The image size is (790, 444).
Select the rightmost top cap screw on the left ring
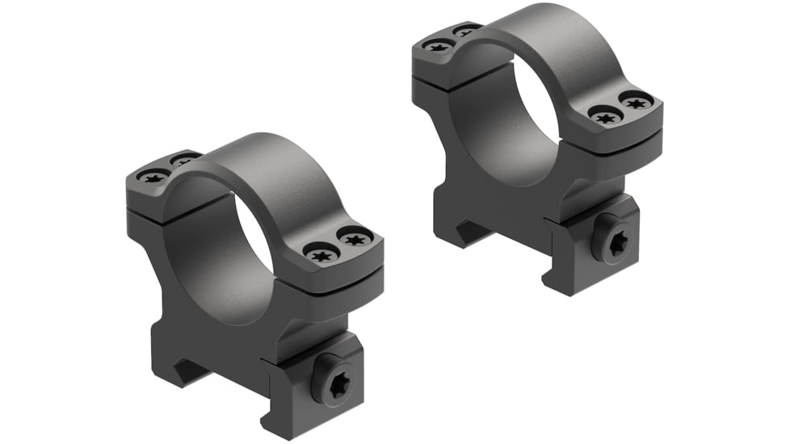[x=355, y=238]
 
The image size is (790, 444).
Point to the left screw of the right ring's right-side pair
[x=603, y=116]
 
